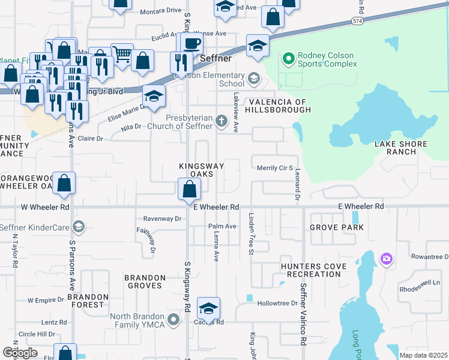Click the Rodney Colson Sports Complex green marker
288,58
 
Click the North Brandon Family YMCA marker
174,318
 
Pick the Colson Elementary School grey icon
254,79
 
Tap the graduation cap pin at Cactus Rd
208,308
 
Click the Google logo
20,353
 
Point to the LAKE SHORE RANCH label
400,148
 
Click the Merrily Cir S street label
274,168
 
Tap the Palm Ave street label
220,226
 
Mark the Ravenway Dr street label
162,219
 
